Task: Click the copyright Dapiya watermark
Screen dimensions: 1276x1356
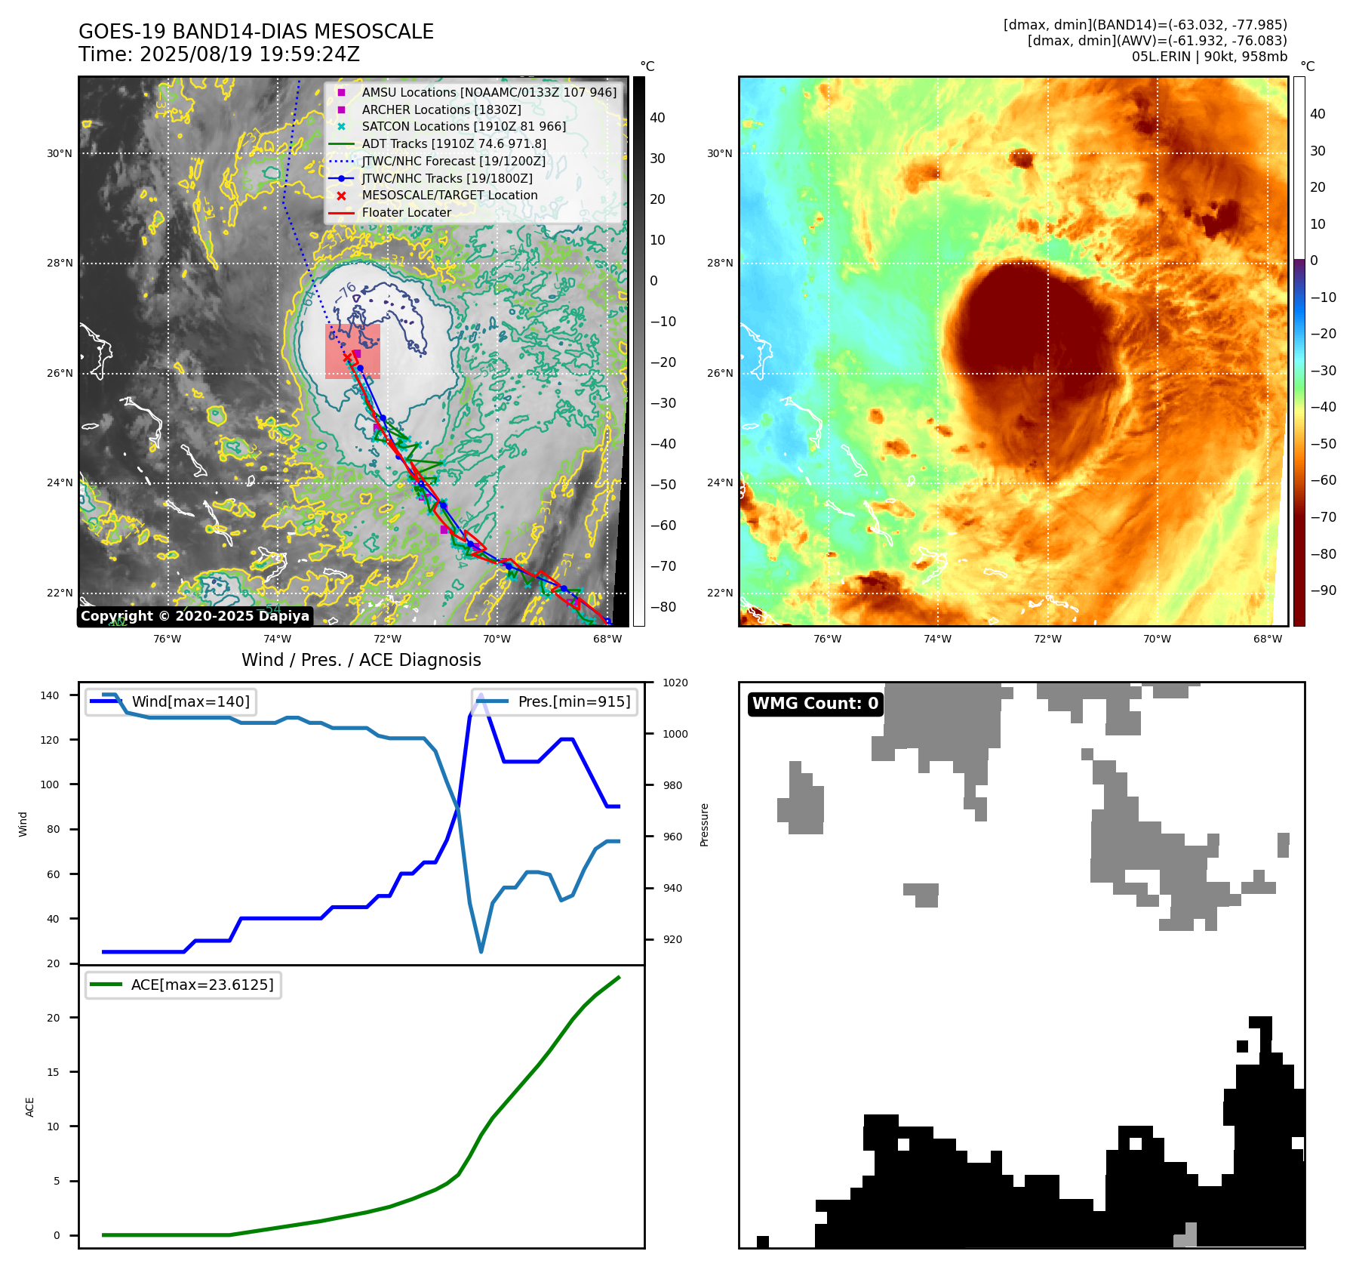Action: coord(195,616)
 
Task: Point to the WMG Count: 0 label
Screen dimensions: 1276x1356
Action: coord(815,704)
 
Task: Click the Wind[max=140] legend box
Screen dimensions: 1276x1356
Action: coord(171,701)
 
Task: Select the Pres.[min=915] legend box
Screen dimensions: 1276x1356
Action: coord(555,701)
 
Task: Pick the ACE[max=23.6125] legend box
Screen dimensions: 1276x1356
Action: coord(183,985)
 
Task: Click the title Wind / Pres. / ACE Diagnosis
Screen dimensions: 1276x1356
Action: coord(361,660)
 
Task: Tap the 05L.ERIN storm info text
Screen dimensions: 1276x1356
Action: coord(1209,57)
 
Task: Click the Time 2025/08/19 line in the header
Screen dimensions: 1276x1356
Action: coord(219,54)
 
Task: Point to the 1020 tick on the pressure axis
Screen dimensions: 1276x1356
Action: coord(675,683)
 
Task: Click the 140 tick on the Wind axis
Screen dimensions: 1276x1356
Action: coord(50,695)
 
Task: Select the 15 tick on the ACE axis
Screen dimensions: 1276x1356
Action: coord(53,1072)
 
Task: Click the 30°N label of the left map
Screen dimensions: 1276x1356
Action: coord(60,153)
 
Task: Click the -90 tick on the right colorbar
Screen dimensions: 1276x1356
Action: coord(1323,590)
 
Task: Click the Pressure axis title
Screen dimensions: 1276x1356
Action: coord(704,824)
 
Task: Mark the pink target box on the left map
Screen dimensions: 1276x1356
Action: coord(352,351)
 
